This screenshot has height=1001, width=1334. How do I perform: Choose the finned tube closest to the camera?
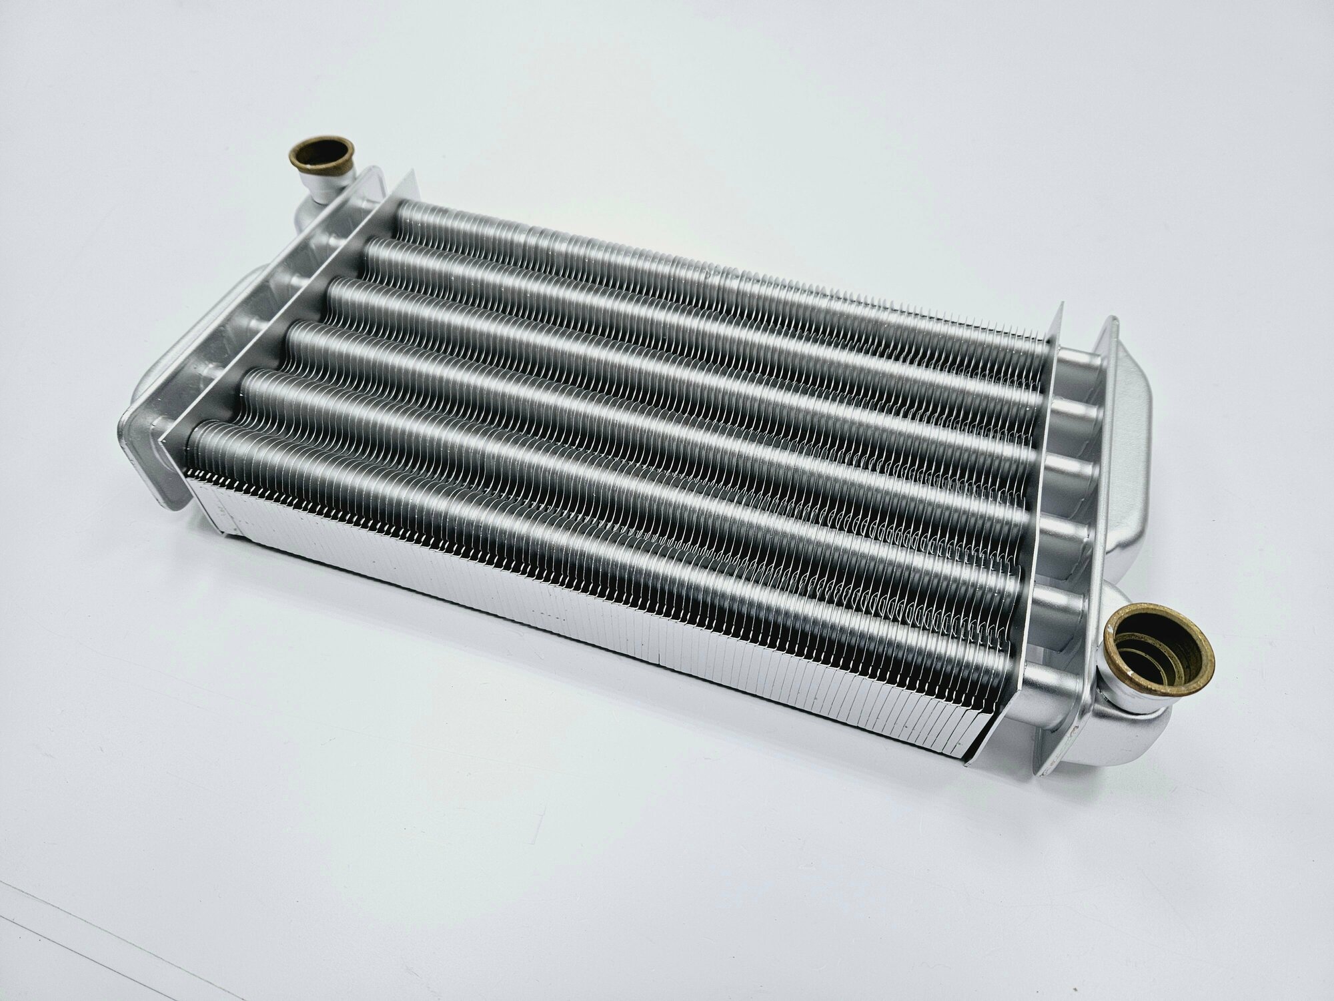click(x=600, y=547)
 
